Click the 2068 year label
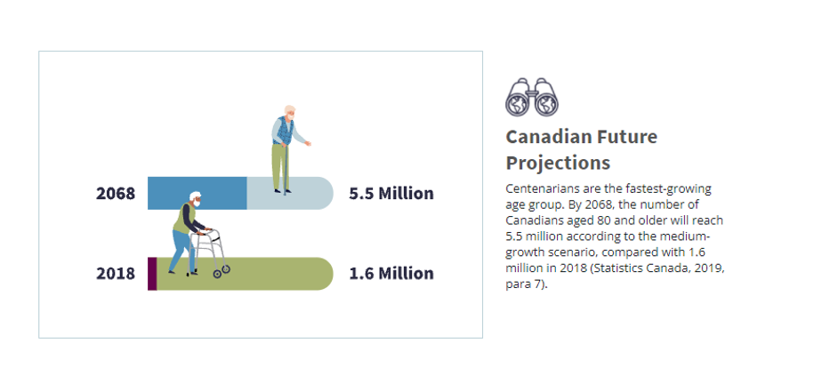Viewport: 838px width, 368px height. (x=116, y=193)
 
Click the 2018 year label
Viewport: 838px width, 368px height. (x=116, y=273)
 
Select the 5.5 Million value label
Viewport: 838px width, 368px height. (x=391, y=193)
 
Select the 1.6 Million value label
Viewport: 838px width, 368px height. (x=391, y=273)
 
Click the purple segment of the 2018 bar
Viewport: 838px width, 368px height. (x=152, y=273)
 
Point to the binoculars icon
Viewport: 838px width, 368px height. (x=531, y=98)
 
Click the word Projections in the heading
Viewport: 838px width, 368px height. (x=558, y=164)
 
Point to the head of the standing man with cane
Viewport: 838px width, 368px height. (x=290, y=114)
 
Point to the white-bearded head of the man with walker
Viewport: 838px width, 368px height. (x=193, y=200)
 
